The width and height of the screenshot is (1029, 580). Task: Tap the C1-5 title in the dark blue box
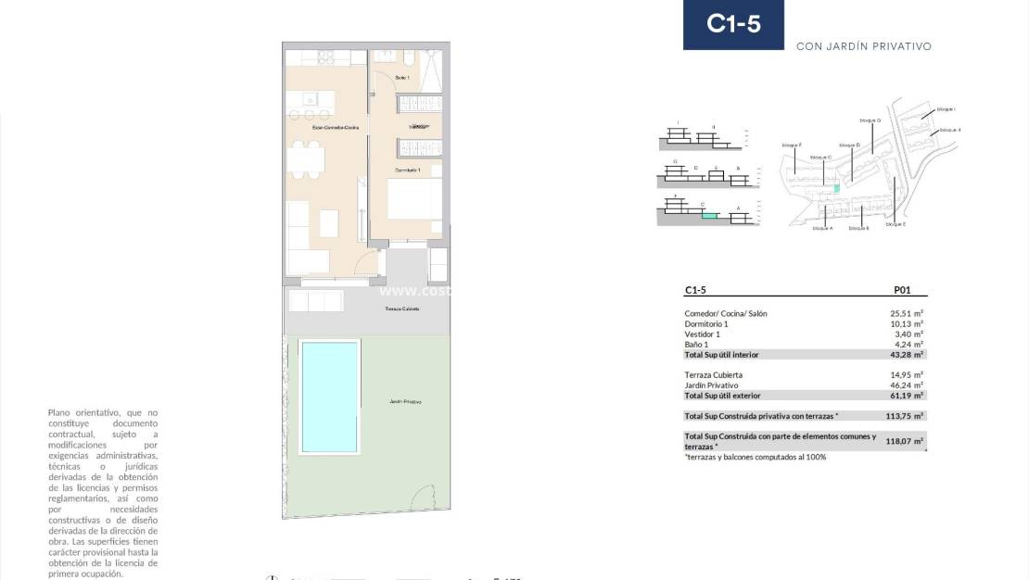click(732, 24)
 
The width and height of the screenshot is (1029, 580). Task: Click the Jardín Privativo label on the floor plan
click(405, 402)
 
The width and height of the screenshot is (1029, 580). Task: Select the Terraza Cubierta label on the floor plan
click(401, 309)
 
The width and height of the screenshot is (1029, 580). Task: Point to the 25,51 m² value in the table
click(906, 313)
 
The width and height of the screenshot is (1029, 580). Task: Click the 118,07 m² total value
click(906, 442)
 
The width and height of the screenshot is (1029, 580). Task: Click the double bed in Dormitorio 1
click(413, 199)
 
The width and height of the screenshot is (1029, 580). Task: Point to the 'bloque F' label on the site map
click(791, 145)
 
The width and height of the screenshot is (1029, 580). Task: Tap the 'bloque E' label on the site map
click(895, 224)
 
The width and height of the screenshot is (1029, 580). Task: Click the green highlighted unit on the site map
click(836, 189)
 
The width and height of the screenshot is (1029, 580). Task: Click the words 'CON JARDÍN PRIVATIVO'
click(863, 45)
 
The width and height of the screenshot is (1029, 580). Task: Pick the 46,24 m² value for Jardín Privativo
click(906, 385)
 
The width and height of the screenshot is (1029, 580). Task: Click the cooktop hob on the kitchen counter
click(327, 57)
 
